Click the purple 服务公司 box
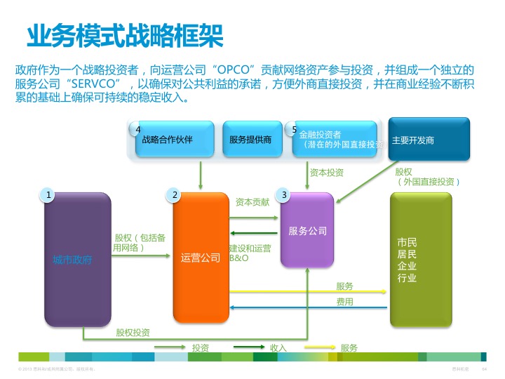307,230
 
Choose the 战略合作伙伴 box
168,140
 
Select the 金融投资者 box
335,139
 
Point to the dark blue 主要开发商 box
429,140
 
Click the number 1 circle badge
47,194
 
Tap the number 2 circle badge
175,194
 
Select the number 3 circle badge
283,194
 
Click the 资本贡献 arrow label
252,202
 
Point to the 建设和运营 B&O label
250,253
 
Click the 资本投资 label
327,172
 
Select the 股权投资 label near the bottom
133,332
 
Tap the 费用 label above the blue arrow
344,302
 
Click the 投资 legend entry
200,348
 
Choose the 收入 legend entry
278,348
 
